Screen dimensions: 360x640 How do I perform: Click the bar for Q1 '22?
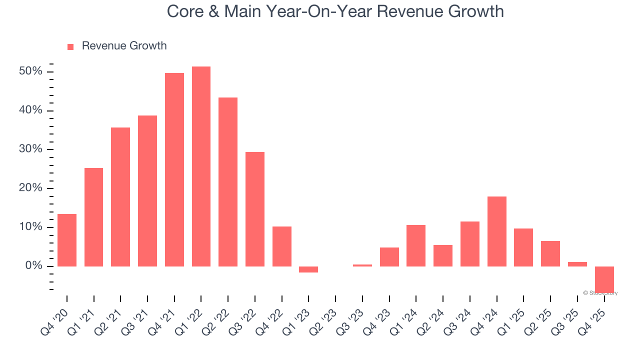(x=201, y=166)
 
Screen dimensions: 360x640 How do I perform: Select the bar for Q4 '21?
(x=174, y=169)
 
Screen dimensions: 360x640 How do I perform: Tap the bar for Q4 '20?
(x=67, y=240)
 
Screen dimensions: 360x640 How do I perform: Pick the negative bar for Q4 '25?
(x=604, y=279)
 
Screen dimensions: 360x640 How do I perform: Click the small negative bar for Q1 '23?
(x=308, y=269)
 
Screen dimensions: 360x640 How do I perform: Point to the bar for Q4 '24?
(x=497, y=231)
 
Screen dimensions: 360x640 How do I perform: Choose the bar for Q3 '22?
(x=255, y=209)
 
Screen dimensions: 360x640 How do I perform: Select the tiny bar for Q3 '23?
(x=362, y=265)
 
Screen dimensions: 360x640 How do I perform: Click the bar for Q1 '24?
(x=416, y=245)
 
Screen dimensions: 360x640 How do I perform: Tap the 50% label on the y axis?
(x=30, y=71)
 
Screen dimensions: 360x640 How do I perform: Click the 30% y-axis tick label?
(x=30, y=149)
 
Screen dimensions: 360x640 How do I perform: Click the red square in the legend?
(x=70, y=46)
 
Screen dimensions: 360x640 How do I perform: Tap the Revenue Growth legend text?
(x=124, y=46)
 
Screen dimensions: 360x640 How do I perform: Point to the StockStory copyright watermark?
(x=600, y=293)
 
